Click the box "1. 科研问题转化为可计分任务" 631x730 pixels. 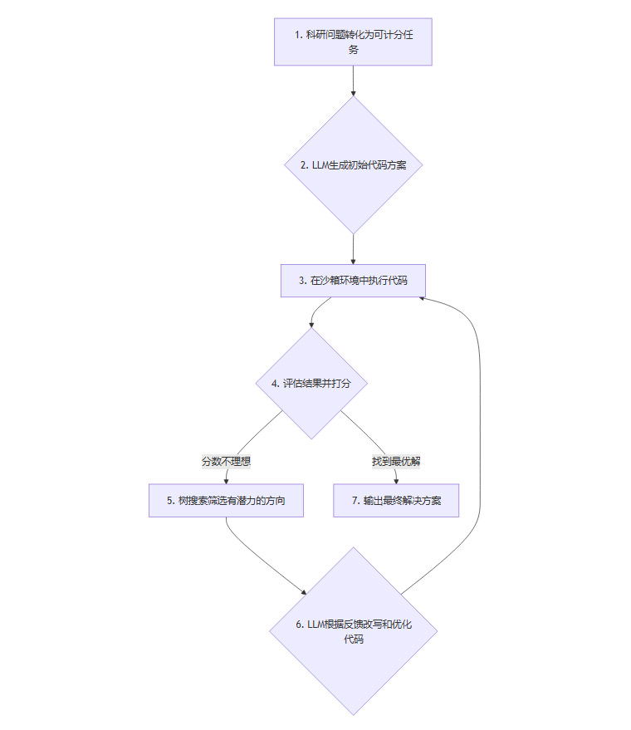[353, 42]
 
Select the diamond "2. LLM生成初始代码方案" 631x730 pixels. [353, 164]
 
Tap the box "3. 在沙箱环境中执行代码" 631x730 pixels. [353, 281]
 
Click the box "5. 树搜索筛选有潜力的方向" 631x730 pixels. [225, 501]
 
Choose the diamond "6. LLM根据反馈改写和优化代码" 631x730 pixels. [353, 631]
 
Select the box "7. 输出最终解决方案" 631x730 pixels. [396, 501]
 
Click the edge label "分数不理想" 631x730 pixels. [226, 461]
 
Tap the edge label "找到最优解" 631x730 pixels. [396, 461]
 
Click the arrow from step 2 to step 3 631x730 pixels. [353, 249]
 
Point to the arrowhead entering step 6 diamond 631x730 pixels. [304, 592]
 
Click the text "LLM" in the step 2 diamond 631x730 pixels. [319, 164]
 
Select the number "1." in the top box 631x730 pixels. [298, 35]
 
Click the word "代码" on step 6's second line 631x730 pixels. [353, 639]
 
